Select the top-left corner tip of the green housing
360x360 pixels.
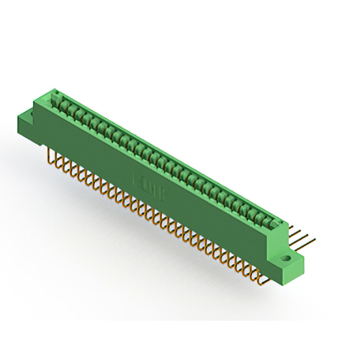(54, 89)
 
